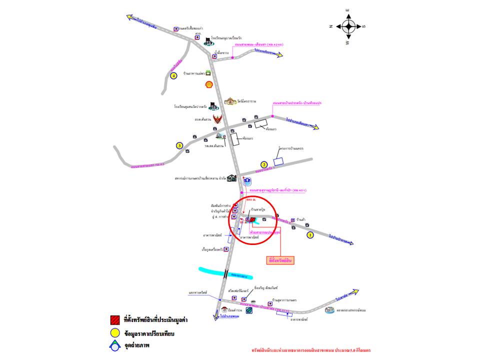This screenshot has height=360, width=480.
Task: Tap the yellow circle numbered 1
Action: click(310, 234)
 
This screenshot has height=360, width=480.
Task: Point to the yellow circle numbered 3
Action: click(179, 145)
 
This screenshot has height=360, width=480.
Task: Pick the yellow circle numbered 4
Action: click(173, 75)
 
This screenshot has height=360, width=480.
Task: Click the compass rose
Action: click(348, 26)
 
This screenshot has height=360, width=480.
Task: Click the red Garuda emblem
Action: click(217, 118)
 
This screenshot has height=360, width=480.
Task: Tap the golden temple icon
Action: click(230, 101)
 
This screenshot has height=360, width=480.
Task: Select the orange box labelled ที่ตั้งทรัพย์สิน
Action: click(280, 260)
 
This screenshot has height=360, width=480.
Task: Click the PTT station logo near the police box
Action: click(249, 311)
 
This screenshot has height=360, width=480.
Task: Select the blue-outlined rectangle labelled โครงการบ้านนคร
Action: click(278, 161)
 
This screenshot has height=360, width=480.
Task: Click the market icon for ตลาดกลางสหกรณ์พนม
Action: click(329, 310)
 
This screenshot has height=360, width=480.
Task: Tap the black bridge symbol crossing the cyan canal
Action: click(227, 273)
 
